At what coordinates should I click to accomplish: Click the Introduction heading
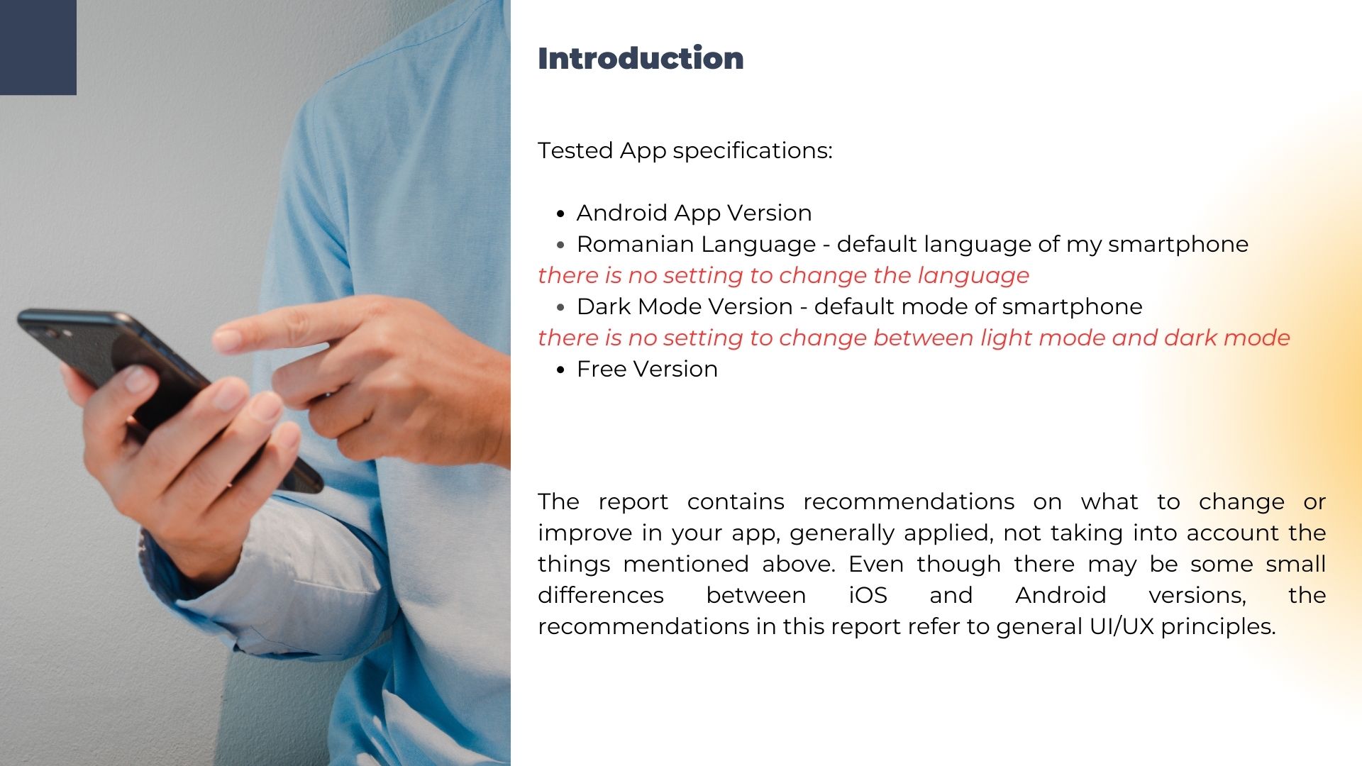tap(641, 58)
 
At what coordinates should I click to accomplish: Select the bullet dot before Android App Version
tap(560, 213)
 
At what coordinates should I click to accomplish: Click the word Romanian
tap(625, 244)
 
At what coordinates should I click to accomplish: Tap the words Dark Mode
tap(639, 306)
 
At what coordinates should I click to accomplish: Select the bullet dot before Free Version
tap(560, 370)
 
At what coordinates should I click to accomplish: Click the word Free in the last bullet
tap(602, 369)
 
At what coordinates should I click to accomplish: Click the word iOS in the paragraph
tap(868, 595)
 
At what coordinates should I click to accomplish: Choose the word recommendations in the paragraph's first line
tap(909, 501)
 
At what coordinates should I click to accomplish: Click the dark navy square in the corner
tap(38, 48)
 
